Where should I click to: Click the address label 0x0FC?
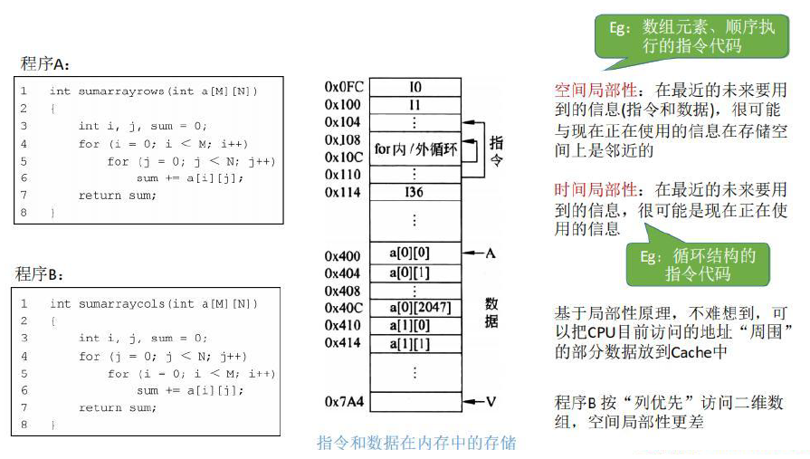tap(344, 87)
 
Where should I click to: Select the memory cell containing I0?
tap(415, 87)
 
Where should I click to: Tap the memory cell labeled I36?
tap(415, 192)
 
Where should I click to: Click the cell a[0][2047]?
tap(415, 307)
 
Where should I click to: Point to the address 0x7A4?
tap(343, 400)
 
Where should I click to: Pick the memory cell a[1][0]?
tap(415, 325)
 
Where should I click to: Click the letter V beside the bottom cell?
tap(490, 400)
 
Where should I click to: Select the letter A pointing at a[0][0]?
tap(490, 253)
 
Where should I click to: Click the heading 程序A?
tap(44, 64)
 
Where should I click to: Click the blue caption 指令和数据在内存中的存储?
tap(415, 443)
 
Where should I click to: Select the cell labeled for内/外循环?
tap(415, 147)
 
